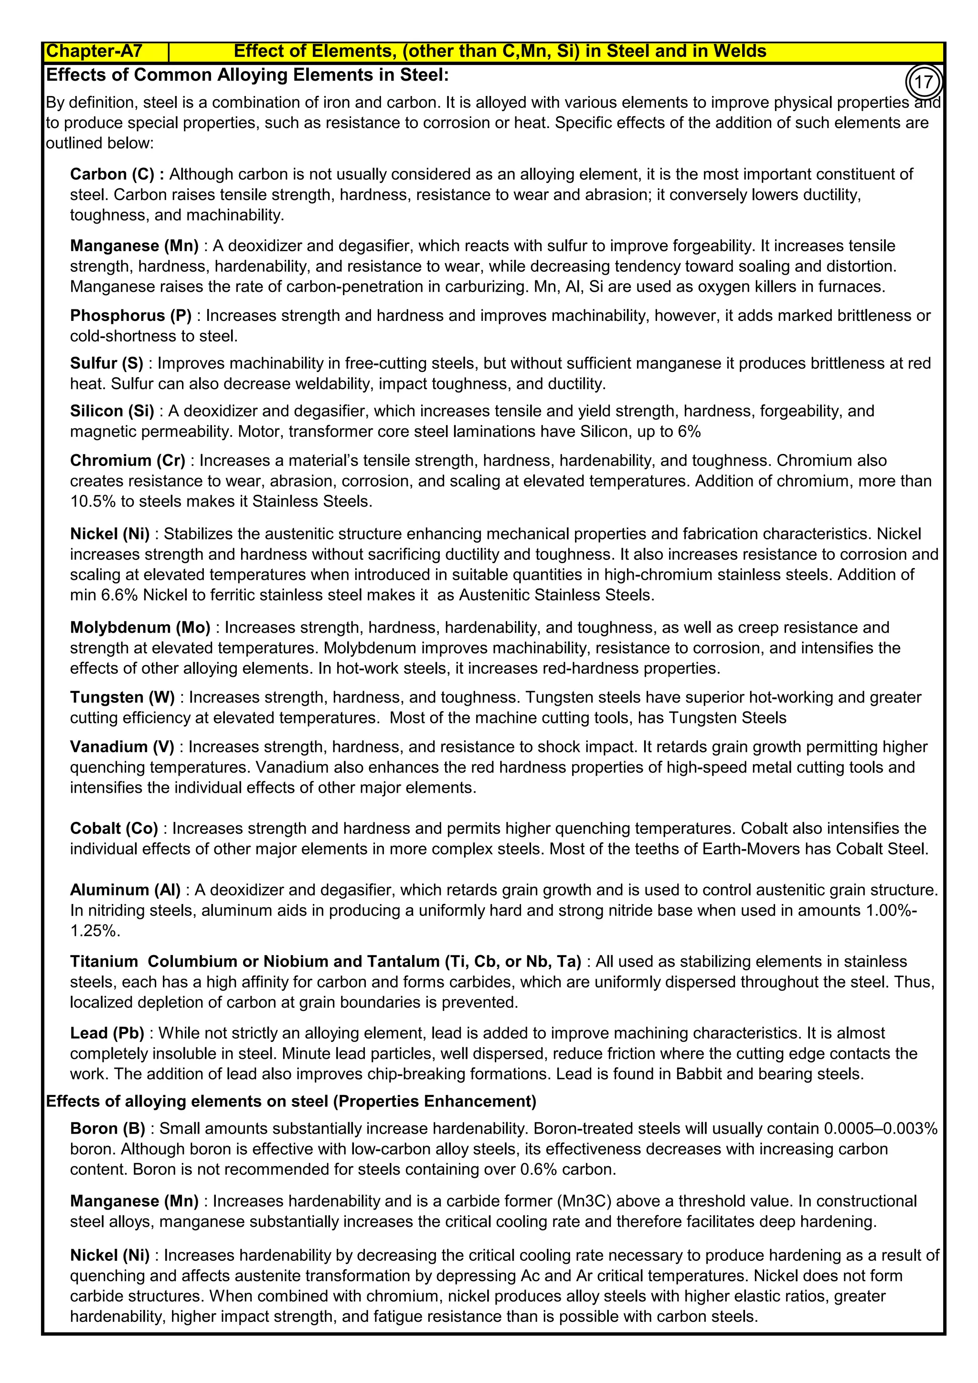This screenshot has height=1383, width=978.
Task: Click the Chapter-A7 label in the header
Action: coord(94,51)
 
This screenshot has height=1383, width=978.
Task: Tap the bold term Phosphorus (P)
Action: coord(131,316)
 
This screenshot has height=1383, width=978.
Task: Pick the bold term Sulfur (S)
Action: coord(106,363)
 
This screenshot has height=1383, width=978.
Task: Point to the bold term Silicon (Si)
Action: coord(112,411)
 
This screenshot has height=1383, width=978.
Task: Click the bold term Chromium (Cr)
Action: coord(128,460)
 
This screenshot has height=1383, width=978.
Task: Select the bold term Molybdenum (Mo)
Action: coord(140,627)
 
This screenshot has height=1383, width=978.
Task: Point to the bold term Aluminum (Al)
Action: coord(125,890)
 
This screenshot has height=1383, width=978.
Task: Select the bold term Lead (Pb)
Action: coord(107,1033)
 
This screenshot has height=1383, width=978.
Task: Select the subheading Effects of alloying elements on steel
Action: coord(291,1101)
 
